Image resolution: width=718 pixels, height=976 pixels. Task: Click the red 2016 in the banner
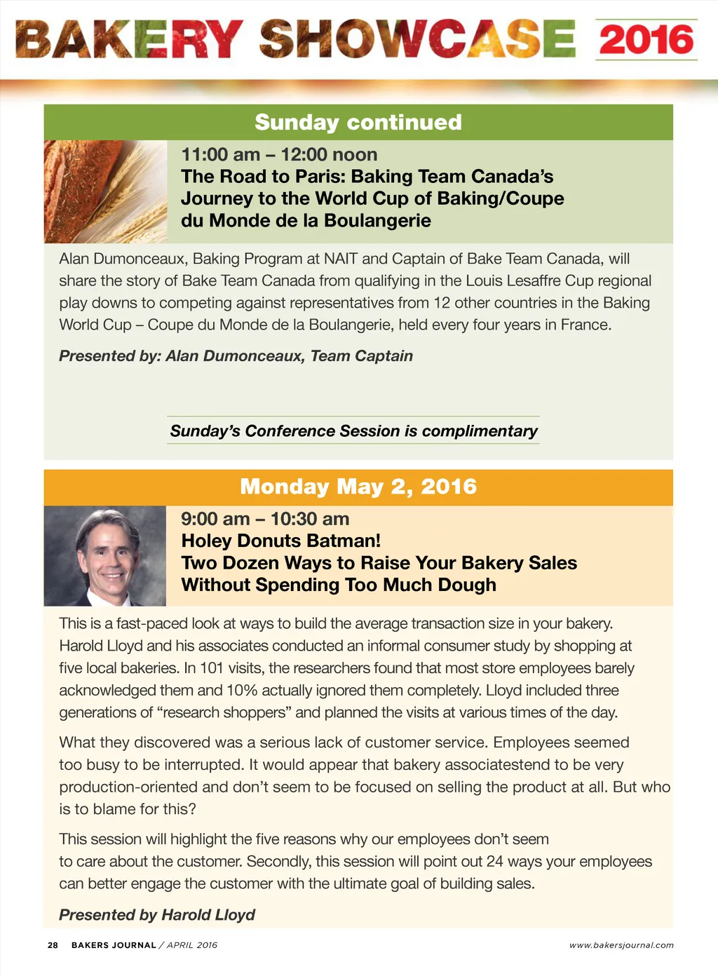(646, 39)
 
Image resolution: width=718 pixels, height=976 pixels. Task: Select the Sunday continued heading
(358, 122)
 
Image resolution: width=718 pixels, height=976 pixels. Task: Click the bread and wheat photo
(105, 191)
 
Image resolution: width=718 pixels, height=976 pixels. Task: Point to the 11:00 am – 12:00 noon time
(279, 154)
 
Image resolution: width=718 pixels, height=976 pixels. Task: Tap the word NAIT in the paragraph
(340, 259)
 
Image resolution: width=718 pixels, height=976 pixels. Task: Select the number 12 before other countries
(441, 303)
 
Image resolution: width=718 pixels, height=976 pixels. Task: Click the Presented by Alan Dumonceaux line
(236, 356)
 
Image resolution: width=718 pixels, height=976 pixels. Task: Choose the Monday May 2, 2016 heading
(358, 487)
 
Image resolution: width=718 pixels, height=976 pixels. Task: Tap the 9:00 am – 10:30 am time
(265, 519)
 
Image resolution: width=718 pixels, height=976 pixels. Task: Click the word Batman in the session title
(344, 541)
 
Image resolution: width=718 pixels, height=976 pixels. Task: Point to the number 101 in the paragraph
(211, 668)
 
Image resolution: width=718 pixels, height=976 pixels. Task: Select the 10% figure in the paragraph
(242, 691)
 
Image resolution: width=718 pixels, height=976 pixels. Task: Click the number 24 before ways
(494, 862)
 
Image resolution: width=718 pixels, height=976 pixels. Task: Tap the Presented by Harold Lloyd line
(157, 915)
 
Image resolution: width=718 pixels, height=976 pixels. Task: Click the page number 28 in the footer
(53, 945)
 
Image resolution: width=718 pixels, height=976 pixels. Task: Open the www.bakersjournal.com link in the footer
(621, 945)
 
